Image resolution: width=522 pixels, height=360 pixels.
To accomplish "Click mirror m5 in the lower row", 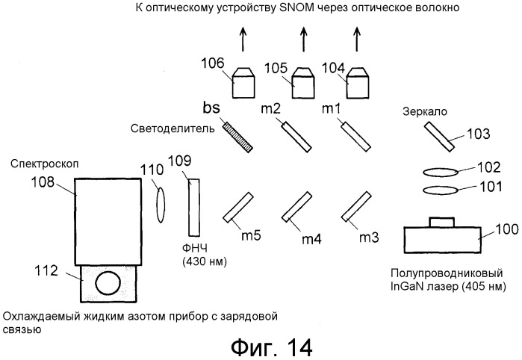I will point(237,208).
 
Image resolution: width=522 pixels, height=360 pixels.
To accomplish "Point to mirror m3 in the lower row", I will point(357,206).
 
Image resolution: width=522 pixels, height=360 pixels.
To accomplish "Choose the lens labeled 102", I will point(441,170).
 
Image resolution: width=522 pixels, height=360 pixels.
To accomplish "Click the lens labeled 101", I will point(441,190).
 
